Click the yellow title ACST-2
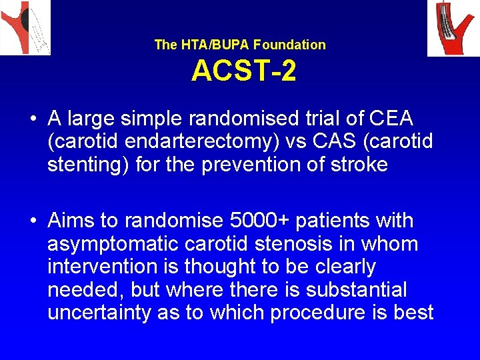[243, 71]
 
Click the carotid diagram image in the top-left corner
[25, 27]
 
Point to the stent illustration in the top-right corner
[453, 28]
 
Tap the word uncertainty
[99, 312]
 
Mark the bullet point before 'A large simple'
[33, 119]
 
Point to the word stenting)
[88, 164]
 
